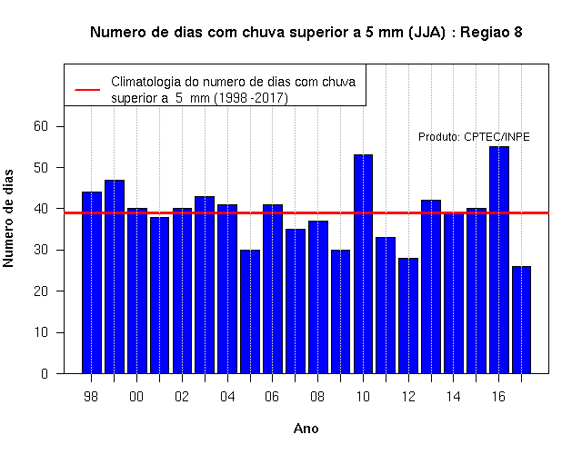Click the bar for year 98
click(92, 282)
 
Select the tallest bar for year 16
click(499, 260)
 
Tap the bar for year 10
click(363, 264)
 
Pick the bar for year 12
click(408, 315)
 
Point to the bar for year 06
click(273, 289)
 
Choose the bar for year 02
click(182, 291)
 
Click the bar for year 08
click(318, 297)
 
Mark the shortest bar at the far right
click(521, 320)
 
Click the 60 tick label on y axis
click(41, 126)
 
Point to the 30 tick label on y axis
click(41, 251)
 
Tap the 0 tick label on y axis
click(45, 373)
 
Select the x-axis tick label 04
click(227, 397)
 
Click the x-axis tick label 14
click(453, 397)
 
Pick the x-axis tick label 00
click(136, 397)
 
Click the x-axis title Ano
click(306, 429)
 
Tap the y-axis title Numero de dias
click(8, 218)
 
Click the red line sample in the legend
click(87, 90)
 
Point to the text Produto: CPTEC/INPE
click(474, 137)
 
